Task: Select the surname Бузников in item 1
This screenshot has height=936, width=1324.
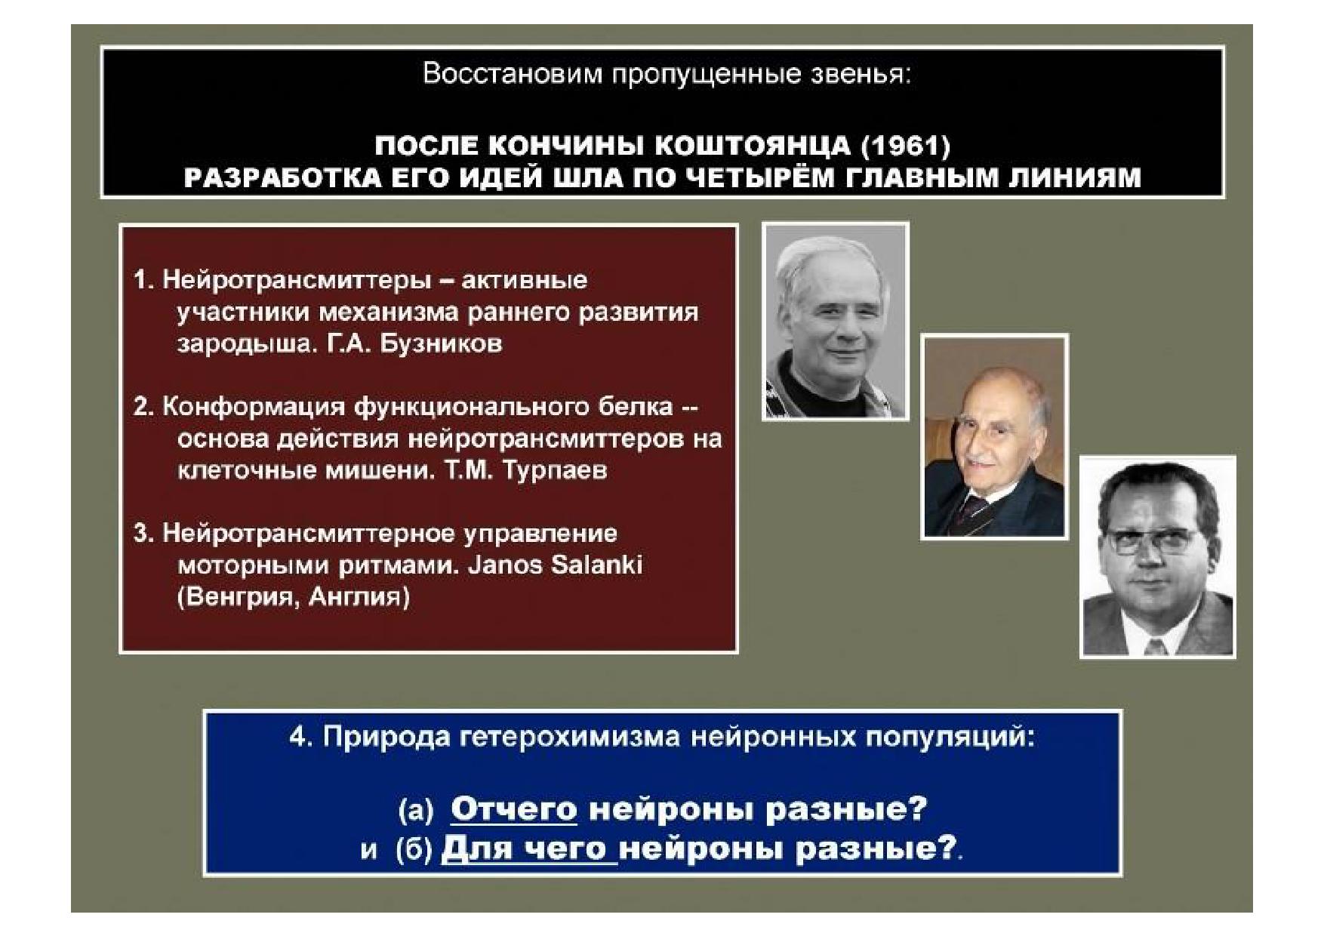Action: point(441,344)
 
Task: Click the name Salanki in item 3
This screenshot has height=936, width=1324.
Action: point(597,565)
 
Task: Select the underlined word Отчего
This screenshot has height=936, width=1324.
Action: point(514,810)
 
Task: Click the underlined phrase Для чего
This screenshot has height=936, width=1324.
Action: point(529,849)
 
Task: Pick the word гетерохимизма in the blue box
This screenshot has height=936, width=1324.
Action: point(570,737)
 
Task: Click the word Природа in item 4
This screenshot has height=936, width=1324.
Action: point(387,737)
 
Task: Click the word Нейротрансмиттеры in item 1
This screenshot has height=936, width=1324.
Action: point(297,281)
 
